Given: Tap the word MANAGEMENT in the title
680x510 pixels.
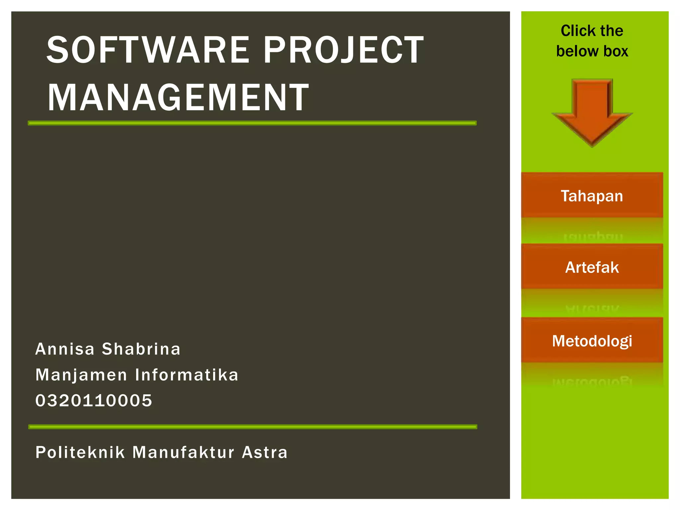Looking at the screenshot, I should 178,98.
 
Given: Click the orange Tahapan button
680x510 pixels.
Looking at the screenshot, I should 592,196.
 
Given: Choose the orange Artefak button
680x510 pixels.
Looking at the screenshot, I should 592,267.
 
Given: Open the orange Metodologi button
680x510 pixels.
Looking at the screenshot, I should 592,341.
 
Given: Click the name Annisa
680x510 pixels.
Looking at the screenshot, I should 65,349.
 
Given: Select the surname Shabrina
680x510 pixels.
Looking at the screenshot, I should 141,349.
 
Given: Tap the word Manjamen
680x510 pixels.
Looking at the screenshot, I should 81,375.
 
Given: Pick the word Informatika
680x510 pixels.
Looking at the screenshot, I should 187,375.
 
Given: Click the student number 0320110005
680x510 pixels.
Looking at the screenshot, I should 94,400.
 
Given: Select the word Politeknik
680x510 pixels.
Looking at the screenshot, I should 80,452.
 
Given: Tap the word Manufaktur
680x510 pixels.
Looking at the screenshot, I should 183,452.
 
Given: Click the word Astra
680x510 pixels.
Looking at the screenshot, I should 265,452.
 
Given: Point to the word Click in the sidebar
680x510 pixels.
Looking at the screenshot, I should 577,31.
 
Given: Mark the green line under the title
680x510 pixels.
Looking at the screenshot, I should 252,123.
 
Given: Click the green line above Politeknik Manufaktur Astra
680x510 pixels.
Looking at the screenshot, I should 253,427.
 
